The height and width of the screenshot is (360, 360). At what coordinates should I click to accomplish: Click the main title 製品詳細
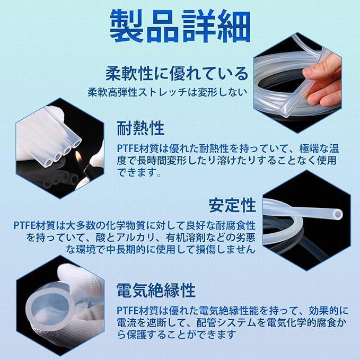pyautogui.click(x=180, y=27)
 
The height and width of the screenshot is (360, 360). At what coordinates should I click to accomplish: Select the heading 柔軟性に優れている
pyautogui.click(x=177, y=74)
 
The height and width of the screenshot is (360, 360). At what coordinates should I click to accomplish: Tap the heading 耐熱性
pyautogui.click(x=141, y=128)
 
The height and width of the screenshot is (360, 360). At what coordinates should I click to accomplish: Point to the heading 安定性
pyautogui.click(x=232, y=205)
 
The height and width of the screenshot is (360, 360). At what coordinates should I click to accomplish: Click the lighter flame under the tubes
pyautogui.click(x=79, y=156)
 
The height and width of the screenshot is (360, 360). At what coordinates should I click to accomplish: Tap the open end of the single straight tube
pyautogui.click(x=338, y=215)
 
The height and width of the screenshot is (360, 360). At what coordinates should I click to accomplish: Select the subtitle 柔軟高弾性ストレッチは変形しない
pyautogui.click(x=168, y=92)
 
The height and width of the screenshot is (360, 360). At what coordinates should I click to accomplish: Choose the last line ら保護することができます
pyautogui.click(x=177, y=335)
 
